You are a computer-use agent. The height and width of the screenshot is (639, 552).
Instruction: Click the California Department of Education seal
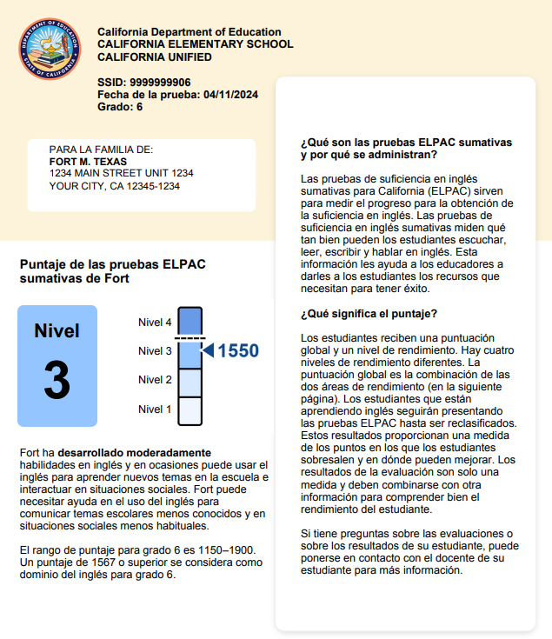coord(49,50)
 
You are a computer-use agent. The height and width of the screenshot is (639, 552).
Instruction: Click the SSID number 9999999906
coord(160,82)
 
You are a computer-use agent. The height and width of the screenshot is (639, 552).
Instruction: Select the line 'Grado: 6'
coord(120,106)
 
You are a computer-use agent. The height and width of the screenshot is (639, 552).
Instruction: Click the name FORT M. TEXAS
coord(88,162)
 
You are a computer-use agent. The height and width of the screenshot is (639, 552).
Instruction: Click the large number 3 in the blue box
coord(57,381)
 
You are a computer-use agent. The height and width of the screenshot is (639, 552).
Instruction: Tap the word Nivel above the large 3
coord(57,331)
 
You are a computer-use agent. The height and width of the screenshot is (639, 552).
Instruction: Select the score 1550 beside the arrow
coord(238,351)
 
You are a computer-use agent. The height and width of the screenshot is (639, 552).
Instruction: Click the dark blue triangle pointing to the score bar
coord(208,350)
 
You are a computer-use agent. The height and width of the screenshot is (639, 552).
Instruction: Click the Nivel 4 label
coord(155,322)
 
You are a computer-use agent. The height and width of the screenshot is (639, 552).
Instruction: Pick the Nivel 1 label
coord(155,409)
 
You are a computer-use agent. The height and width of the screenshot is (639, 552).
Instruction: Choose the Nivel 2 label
coord(155,380)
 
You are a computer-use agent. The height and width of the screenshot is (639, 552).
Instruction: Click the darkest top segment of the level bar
coord(190,320)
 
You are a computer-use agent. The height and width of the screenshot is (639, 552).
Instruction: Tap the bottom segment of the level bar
coord(190,410)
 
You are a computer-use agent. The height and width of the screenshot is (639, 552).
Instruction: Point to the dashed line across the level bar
coord(190,337)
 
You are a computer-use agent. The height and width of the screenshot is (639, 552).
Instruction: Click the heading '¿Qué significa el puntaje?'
coord(369,313)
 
